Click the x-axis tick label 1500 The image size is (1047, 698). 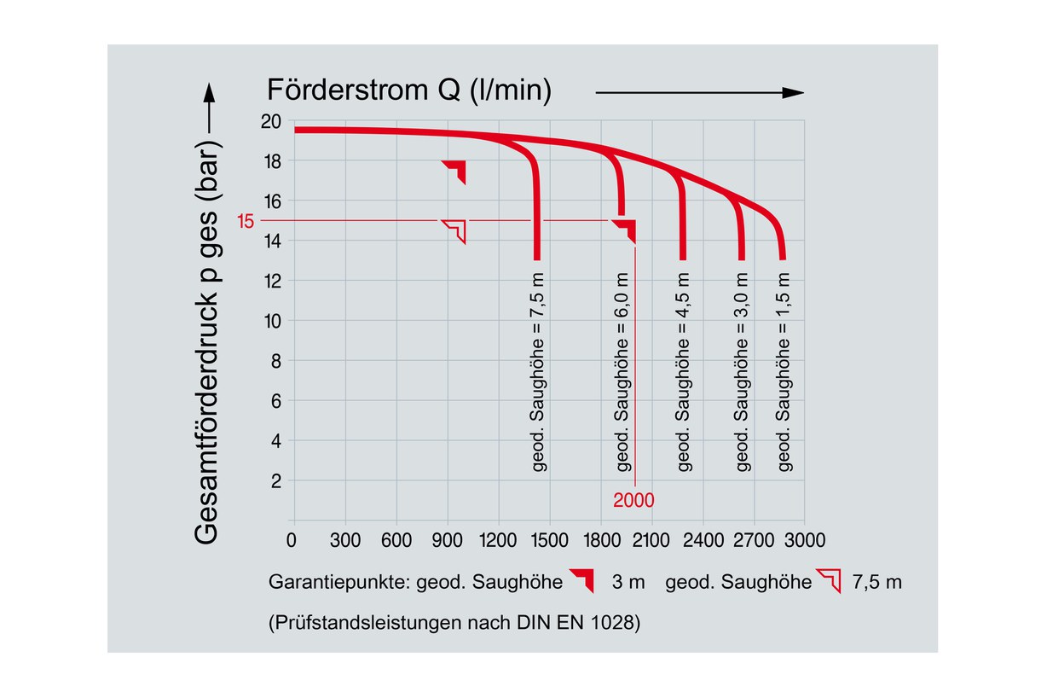pyautogui.click(x=551, y=540)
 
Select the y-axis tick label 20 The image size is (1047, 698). pyautogui.click(x=271, y=121)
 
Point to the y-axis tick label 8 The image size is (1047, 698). pyautogui.click(x=275, y=361)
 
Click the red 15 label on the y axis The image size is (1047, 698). pyautogui.click(x=246, y=222)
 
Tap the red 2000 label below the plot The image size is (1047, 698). pyautogui.click(x=633, y=501)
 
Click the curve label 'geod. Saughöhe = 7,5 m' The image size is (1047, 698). pyautogui.click(x=538, y=372)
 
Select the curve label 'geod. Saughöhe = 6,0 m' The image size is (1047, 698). pyautogui.click(x=622, y=372)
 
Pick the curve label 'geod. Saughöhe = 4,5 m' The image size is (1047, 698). pyautogui.click(x=683, y=372)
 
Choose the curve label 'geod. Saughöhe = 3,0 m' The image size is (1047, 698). pyautogui.click(x=742, y=372)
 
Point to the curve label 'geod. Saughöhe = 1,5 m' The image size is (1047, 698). pyautogui.click(x=784, y=372)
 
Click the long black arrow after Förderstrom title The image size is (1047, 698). pyautogui.click(x=699, y=93)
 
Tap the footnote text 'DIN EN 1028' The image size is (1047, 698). pyautogui.click(x=588, y=623)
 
